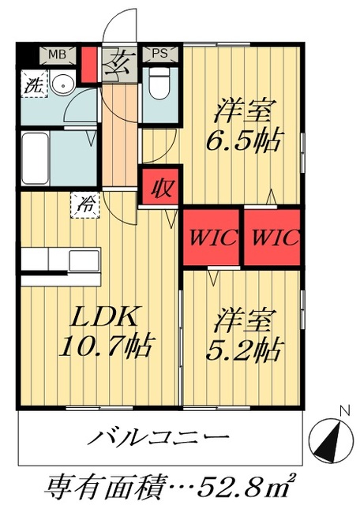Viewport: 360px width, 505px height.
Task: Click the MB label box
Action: (x=57, y=54)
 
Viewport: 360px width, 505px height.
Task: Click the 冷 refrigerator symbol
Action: (x=85, y=204)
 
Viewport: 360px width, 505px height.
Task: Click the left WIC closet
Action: (x=212, y=237)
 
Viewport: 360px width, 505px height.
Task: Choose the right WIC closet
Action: (x=273, y=237)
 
